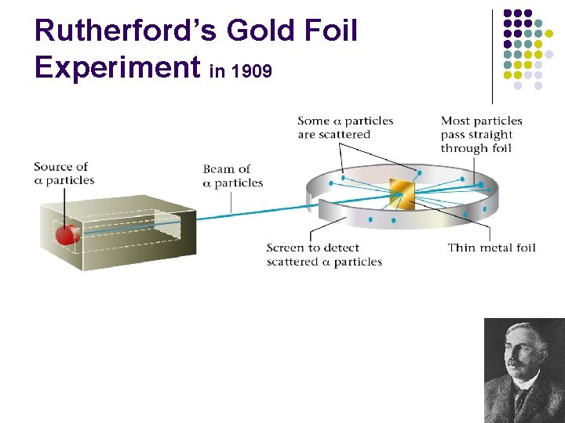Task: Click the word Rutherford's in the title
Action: (x=126, y=31)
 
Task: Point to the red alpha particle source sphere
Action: (x=68, y=233)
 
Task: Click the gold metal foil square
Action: (x=401, y=193)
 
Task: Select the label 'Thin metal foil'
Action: (x=491, y=248)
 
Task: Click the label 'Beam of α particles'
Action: (x=232, y=175)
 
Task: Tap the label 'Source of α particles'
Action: (x=64, y=173)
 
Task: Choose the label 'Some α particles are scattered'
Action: (x=345, y=127)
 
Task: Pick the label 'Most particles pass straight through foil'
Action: (x=481, y=134)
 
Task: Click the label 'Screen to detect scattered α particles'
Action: (x=324, y=255)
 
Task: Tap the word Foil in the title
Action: (x=330, y=31)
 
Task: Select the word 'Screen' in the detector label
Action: (x=284, y=248)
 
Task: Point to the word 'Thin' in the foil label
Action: (x=461, y=248)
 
